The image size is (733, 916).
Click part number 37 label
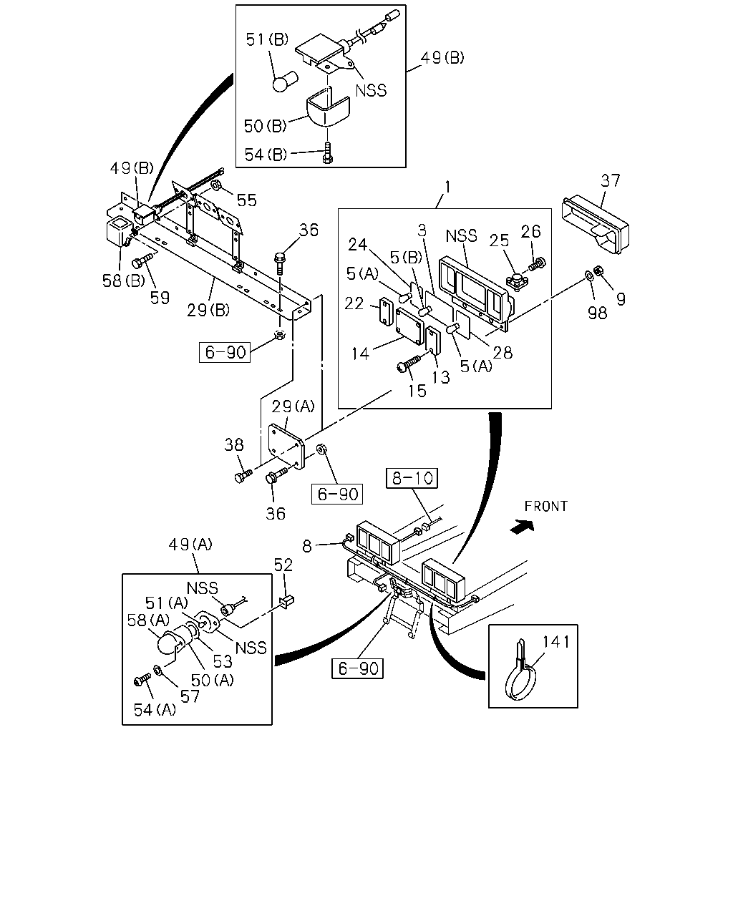pyautogui.click(x=611, y=180)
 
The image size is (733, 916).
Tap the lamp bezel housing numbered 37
pyautogui.click(x=596, y=225)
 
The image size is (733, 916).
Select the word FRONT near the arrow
pyautogui.click(x=545, y=506)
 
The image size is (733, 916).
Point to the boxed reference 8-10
pyautogui.click(x=412, y=478)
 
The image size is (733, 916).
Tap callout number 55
pyautogui.click(x=247, y=200)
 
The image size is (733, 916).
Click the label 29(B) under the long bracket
pyautogui.click(x=208, y=311)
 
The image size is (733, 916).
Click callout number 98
pyautogui.click(x=597, y=313)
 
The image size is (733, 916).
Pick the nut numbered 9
pyautogui.click(x=598, y=270)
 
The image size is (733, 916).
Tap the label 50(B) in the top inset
pyautogui.click(x=265, y=125)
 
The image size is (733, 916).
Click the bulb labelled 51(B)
pyautogui.click(x=285, y=82)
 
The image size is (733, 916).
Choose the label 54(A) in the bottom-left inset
pyautogui.click(x=155, y=710)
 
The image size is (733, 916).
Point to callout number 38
pyautogui.click(x=234, y=445)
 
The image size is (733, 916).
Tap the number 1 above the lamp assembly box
pyautogui.click(x=447, y=187)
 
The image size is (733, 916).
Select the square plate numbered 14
pyautogui.click(x=409, y=326)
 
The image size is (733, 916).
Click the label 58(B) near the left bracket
pyautogui.click(x=124, y=281)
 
